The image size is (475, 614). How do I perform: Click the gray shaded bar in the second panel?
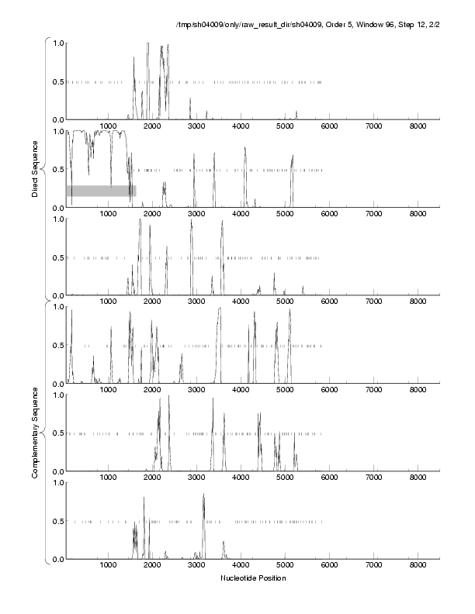point(101,190)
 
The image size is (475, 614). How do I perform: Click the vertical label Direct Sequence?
point(35,168)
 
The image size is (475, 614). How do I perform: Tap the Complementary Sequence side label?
point(35,432)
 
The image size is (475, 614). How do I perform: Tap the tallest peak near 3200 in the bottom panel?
point(203,495)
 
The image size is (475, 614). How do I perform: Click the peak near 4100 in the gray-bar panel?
point(244,148)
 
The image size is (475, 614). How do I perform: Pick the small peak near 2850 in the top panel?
point(190,99)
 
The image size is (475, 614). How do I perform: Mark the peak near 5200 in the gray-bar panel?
point(293,156)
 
